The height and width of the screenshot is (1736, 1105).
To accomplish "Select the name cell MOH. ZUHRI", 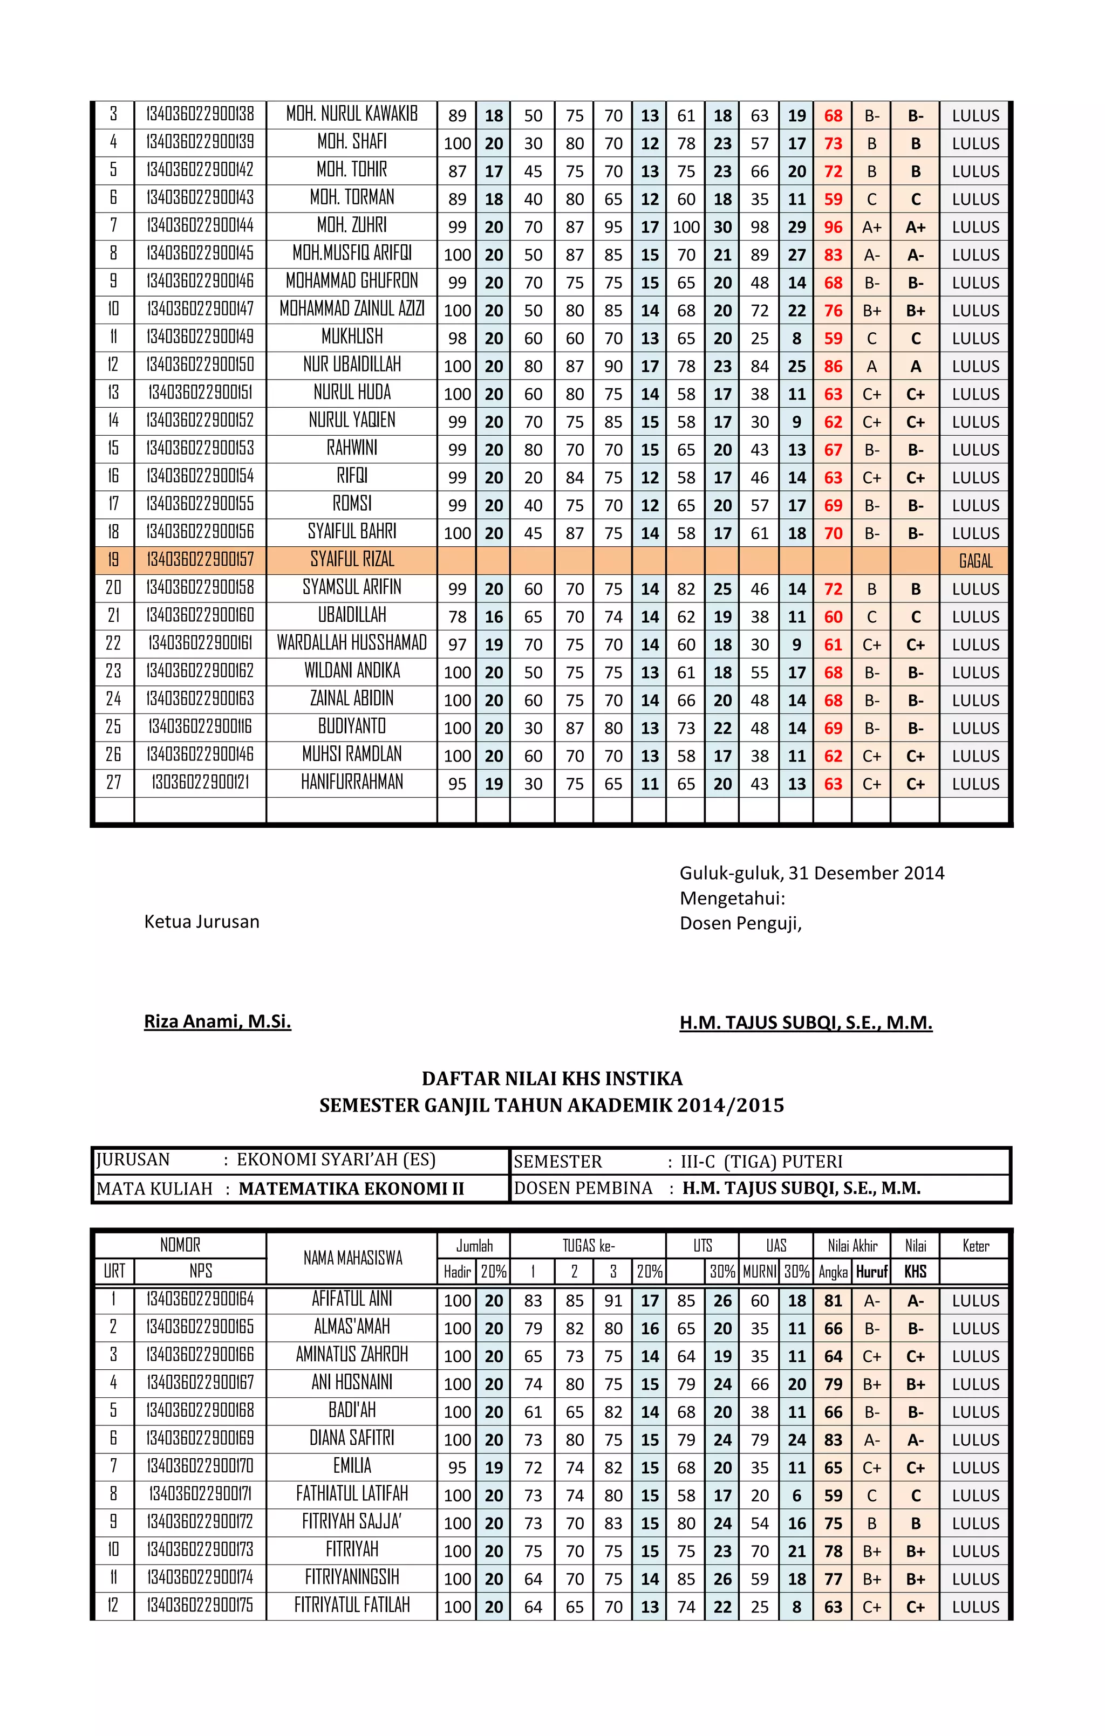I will [x=352, y=225].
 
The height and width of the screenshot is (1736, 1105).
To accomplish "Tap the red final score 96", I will [x=833, y=227].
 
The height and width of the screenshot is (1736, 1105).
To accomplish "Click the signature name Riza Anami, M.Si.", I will [x=217, y=1021].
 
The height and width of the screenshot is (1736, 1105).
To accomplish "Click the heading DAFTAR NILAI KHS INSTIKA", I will [x=552, y=1079].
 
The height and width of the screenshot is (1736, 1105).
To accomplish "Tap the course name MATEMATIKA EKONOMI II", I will [x=351, y=1189].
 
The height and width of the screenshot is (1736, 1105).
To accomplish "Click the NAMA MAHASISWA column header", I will [x=352, y=1258].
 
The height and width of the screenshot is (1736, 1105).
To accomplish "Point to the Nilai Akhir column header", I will [x=852, y=1246].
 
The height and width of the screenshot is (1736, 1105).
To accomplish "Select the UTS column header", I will [x=702, y=1246].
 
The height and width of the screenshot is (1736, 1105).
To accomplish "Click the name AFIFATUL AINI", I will [x=352, y=1299].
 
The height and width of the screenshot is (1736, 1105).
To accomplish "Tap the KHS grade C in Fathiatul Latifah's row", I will [x=915, y=1496].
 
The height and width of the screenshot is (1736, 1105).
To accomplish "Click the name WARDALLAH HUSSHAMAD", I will [x=352, y=643].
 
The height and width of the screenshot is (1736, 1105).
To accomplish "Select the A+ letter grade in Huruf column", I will [x=871, y=227].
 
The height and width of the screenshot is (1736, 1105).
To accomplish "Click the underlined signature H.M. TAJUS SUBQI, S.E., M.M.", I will [x=806, y=1023].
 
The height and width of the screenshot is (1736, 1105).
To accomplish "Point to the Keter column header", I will [x=975, y=1246].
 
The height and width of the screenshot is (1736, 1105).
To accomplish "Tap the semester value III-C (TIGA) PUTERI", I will [x=761, y=1162].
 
